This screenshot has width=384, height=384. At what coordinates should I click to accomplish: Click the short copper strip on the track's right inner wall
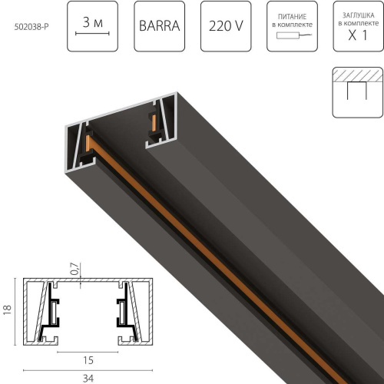point(154,122)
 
